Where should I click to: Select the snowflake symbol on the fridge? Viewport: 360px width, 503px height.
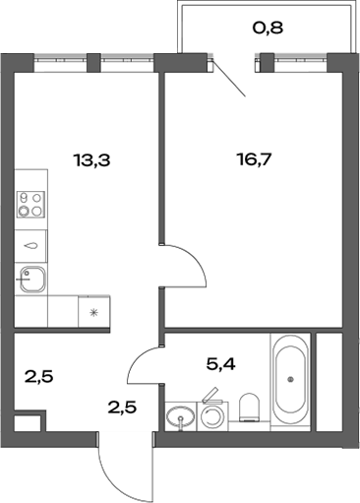click(x=94, y=313)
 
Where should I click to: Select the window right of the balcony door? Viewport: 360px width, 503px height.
click(x=296, y=60)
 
